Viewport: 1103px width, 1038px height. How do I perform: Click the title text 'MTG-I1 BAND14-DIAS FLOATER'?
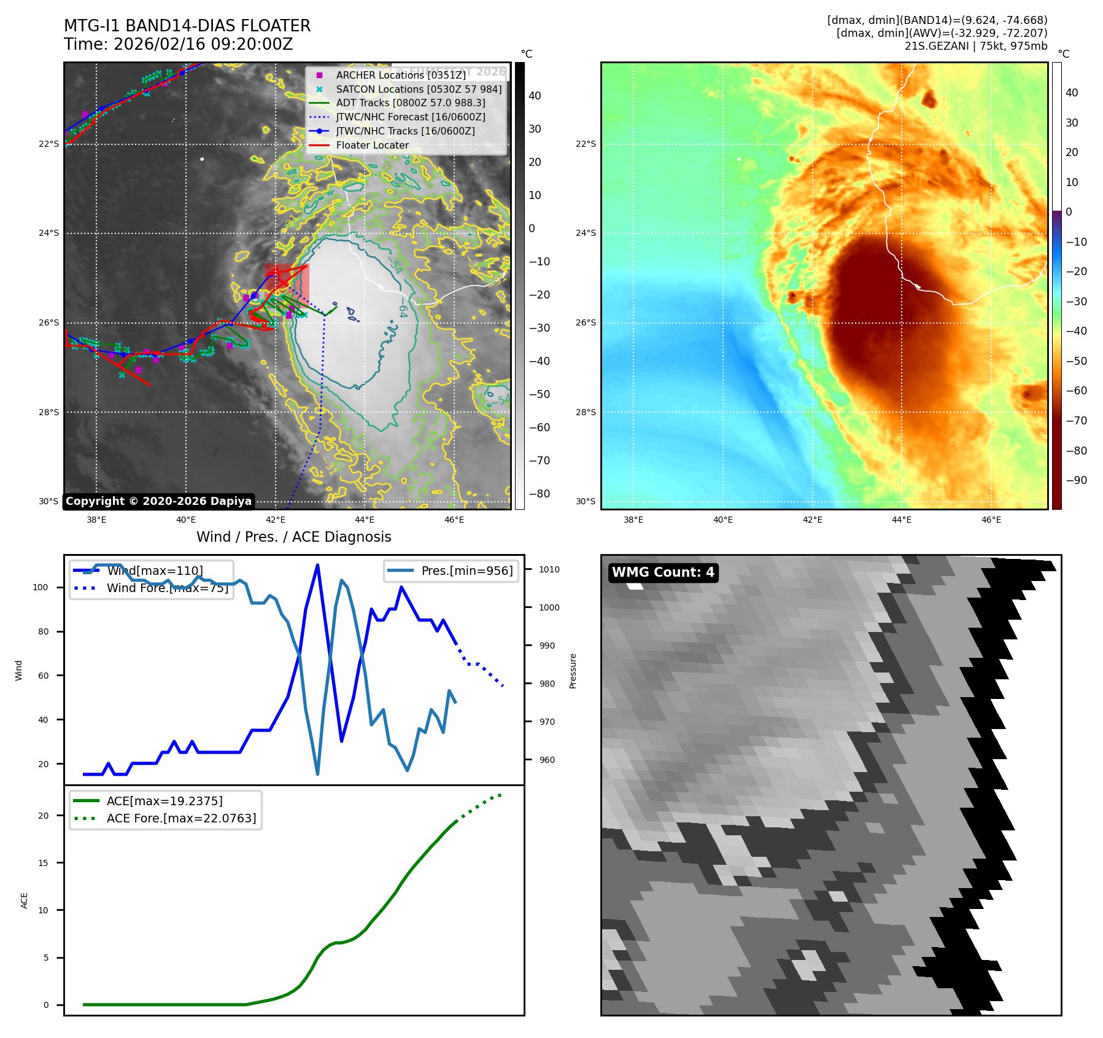[x=187, y=26]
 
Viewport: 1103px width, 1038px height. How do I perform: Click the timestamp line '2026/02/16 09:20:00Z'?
[x=203, y=45]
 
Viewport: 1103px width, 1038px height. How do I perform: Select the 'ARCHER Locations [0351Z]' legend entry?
[x=400, y=75]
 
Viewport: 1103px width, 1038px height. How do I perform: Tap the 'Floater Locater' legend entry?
[x=372, y=146]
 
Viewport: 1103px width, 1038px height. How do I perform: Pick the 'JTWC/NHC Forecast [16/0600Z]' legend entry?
[x=410, y=117]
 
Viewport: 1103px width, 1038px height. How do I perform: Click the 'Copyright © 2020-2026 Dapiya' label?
[x=158, y=501]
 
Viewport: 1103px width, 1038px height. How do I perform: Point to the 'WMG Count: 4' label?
[x=663, y=572]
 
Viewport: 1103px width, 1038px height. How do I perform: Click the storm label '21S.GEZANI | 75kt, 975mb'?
[x=975, y=46]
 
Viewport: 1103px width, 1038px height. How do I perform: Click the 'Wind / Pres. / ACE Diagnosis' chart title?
[x=293, y=537]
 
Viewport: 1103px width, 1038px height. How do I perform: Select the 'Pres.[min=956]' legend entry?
[x=466, y=571]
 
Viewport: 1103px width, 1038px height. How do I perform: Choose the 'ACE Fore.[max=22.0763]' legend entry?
[x=181, y=818]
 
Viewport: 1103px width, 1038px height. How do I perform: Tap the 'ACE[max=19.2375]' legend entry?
[x=164, y=801]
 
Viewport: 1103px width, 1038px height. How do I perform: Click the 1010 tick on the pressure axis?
[x=549, y=569]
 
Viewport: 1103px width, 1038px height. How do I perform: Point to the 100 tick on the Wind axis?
[x=40, y=587]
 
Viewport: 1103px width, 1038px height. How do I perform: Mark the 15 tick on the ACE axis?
[x=43, y=863]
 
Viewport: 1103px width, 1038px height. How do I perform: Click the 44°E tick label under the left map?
[x=365, y=520]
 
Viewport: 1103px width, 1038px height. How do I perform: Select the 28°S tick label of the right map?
[x=586, y=412]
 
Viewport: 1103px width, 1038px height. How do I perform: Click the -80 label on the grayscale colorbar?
[x=540, y=494]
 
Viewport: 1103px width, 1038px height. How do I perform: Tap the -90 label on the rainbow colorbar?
[x=1076, y=480]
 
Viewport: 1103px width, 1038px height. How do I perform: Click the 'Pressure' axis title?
[x=573, y=671]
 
